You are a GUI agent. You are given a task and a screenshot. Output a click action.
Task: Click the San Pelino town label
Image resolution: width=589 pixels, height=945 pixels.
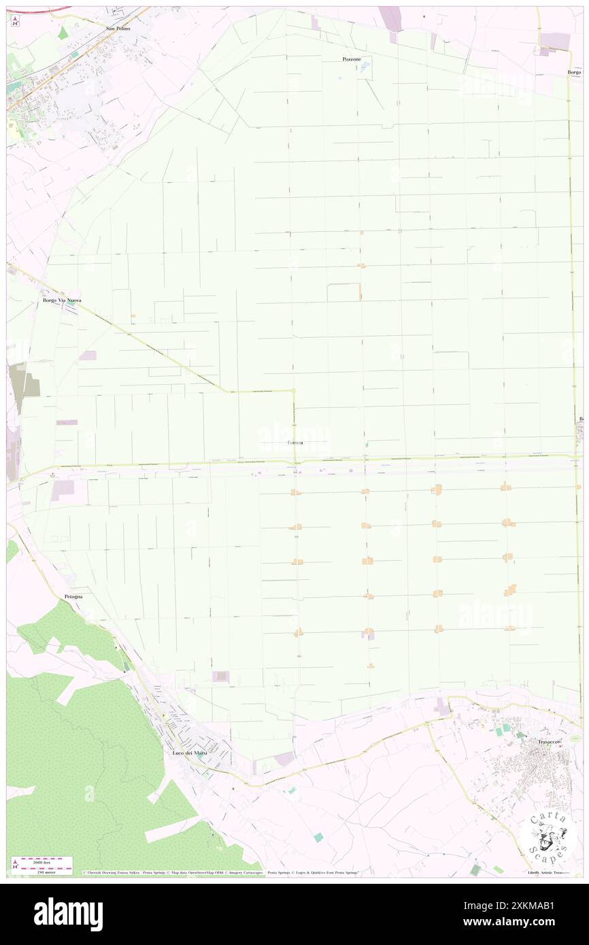118,29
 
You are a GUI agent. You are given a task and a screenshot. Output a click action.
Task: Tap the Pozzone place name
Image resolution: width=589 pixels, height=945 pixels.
352,60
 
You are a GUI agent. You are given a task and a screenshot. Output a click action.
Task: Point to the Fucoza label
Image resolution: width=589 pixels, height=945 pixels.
295,443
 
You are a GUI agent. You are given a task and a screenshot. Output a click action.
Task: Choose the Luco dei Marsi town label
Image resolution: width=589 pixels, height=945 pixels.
186,753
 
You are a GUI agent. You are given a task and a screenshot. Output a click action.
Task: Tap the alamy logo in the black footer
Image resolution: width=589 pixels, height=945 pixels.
68,914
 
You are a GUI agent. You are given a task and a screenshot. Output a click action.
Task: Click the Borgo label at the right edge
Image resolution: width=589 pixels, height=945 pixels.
575,72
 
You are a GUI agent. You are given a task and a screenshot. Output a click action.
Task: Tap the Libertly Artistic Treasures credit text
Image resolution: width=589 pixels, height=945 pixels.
550,872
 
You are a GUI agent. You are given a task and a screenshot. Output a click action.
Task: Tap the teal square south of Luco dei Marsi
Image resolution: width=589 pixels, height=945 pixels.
318,837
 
